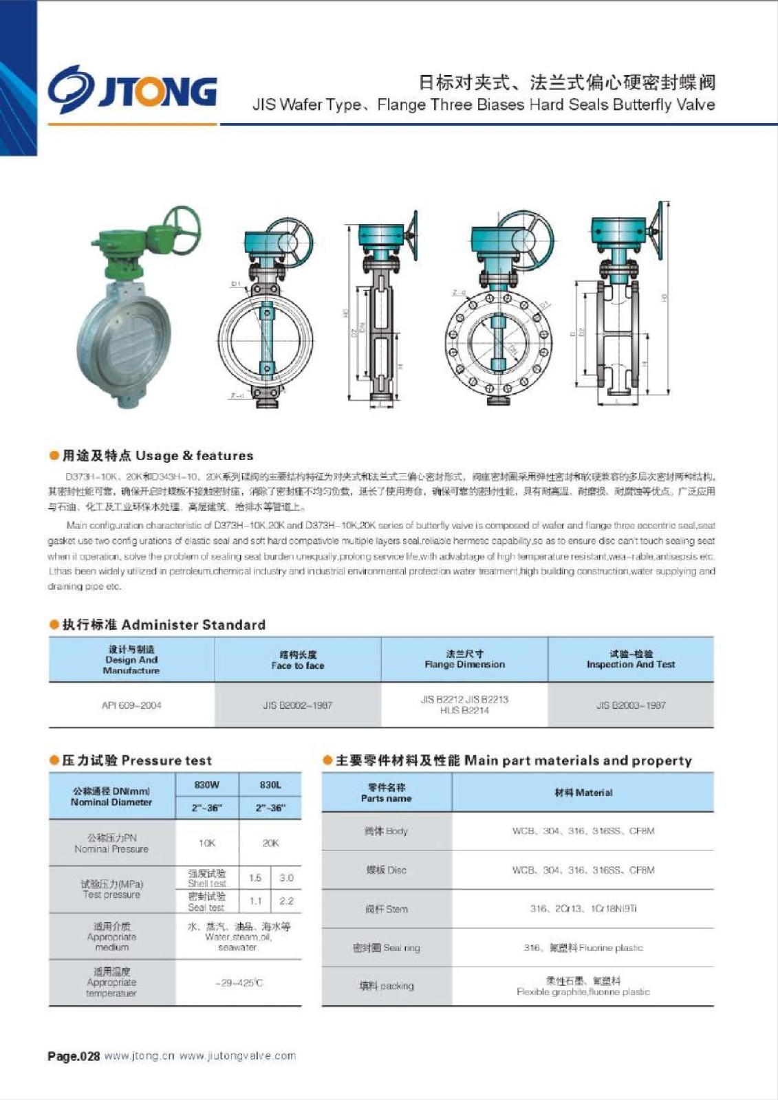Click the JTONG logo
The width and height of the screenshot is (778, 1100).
click(132, 89)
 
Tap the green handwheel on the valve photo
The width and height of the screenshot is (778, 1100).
click(181, 225)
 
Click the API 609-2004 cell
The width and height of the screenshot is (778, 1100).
click(131, 705)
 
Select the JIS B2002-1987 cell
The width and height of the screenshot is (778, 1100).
click(297, 705)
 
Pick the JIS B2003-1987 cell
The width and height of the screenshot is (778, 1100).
click(631, 705)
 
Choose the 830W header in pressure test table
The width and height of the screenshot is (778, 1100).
click(206, 784)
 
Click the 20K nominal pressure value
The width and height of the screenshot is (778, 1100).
click(270, 843)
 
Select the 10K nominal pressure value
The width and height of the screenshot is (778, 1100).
click(207, 843)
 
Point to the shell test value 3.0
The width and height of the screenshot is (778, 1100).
click(286, 878)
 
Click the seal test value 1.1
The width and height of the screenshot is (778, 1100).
click(255, 901)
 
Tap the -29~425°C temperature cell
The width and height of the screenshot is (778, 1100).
click(239, 983)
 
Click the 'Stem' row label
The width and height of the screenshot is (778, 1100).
click(386, 909)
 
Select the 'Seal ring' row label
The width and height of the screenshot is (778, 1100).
click(386, 948)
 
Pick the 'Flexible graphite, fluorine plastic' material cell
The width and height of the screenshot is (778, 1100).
click(583, 987)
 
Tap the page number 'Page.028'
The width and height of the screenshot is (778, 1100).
click(74, 1056)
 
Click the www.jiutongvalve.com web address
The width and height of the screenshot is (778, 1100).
click(237, 1056)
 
